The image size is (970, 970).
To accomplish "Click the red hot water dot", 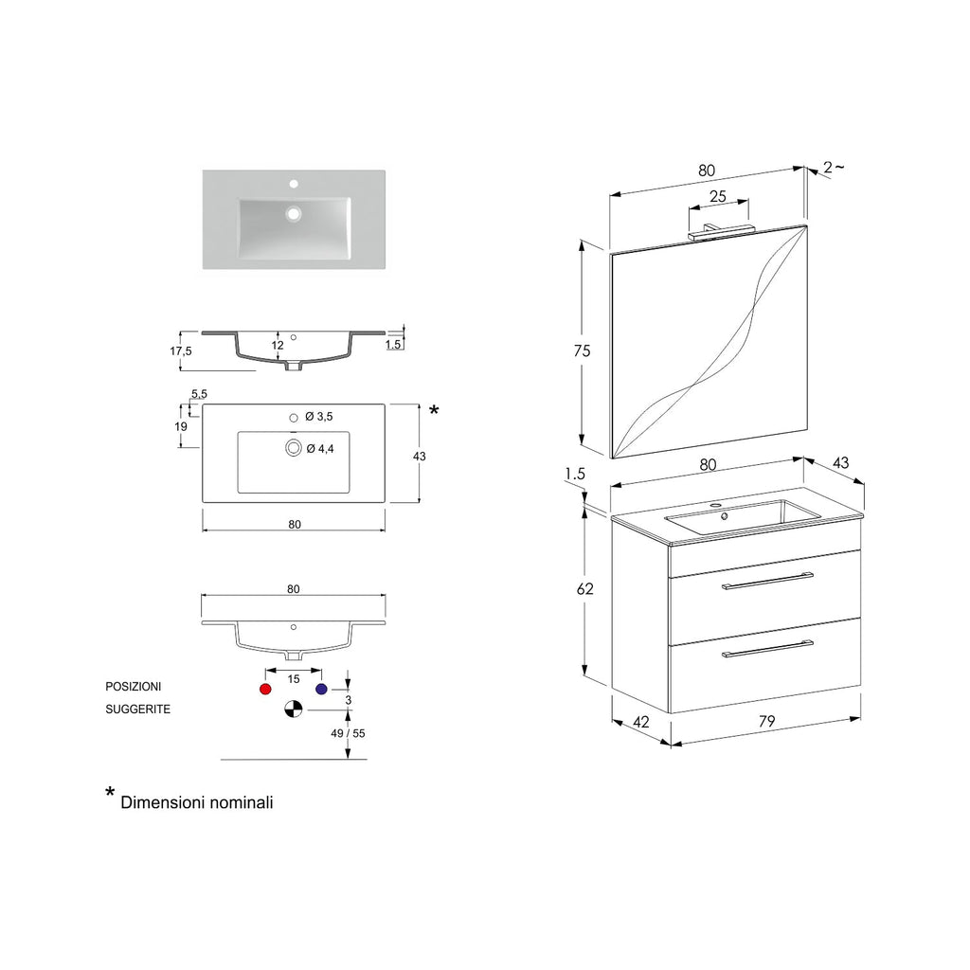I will [265, 689].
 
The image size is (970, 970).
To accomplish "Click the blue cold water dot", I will [321, 689].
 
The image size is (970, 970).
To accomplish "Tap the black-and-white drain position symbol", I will [294, 708].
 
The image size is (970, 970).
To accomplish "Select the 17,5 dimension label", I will [180, 350].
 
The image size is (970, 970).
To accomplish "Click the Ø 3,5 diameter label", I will [319, 417].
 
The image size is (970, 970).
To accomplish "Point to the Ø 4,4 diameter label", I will [320, 448].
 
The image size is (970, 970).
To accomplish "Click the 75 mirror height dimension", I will [582, 350].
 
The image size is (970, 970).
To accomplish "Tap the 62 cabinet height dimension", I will [585, 588].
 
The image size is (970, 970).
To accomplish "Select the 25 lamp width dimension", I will [717, 197].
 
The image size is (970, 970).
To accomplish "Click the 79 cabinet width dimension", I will [767, 721].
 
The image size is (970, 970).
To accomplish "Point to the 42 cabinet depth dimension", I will [641, 722].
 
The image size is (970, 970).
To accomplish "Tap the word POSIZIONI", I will [133, 686].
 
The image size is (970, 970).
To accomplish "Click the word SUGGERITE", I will [137, 709].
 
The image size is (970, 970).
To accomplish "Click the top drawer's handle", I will [767, 581].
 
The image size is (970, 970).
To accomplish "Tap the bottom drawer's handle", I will [767, 649].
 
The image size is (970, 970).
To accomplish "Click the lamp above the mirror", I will [717, 228].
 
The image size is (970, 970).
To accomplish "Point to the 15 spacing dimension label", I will [294, 679].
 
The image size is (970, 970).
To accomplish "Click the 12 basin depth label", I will [278, 346].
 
